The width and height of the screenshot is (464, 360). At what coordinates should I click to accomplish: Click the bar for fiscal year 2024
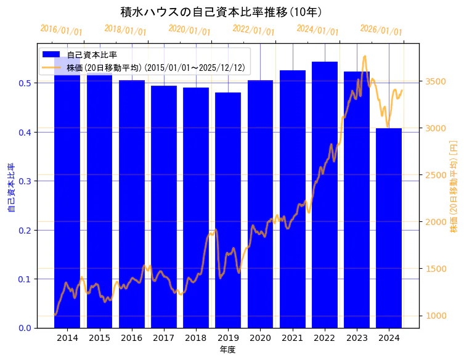[x=389, y=228]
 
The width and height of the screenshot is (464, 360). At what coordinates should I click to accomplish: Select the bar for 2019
[x=228, y=210]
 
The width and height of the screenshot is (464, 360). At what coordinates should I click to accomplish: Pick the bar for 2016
[x=132, y=204]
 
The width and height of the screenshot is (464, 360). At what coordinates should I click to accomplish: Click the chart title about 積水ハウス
[x=221, y=12]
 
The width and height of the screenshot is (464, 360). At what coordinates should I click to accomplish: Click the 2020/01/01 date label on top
[x=189, y=30]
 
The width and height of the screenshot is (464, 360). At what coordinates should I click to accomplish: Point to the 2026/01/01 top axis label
[x=381, y=30]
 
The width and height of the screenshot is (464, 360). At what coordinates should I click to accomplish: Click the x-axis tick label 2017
[x=164, y=338]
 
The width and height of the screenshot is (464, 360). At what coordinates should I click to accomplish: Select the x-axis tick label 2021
[x=293, y=338]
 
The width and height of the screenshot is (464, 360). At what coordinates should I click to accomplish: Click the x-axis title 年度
[x=227, y=350]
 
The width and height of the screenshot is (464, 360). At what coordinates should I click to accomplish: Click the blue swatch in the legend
[x=51, y=55]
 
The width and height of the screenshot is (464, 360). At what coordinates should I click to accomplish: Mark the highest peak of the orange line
[x=365, y=56]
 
